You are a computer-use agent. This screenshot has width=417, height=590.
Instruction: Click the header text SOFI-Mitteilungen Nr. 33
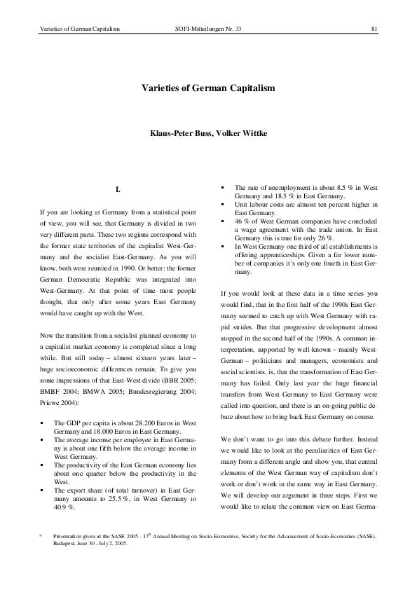(x=207, y=29)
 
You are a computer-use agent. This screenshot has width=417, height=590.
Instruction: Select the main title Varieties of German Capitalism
(x=208, y=90)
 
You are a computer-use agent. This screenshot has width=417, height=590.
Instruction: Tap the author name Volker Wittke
(x=237, y=132)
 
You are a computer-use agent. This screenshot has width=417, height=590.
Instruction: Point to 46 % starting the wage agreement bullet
(x=242, y=221)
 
